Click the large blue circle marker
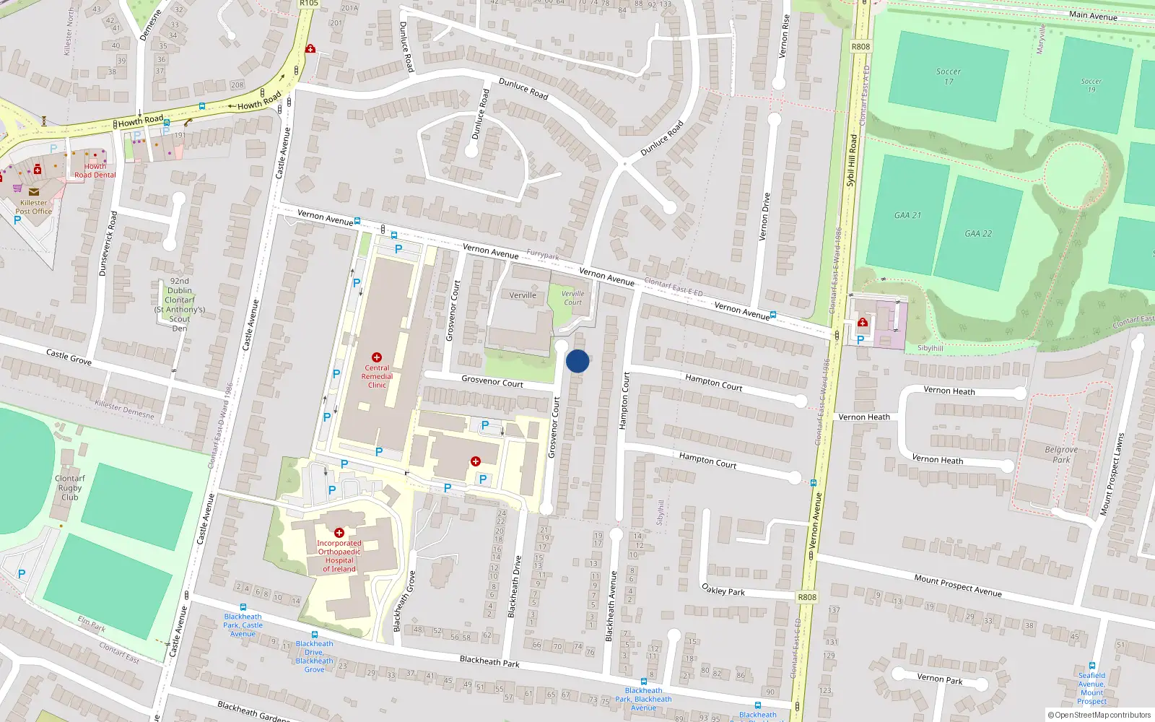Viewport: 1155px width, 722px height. coord(577,361)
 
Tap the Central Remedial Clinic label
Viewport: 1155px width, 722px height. coord(377,376)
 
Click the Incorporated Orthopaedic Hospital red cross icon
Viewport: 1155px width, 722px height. coord(339,533)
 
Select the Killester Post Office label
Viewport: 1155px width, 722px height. coord(33,207)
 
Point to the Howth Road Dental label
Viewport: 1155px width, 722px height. coord(95,170)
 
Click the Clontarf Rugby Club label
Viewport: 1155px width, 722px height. coord(70,487)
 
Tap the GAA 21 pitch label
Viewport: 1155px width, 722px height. coord(907,215)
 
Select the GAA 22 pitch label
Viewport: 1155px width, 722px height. coord(978,233)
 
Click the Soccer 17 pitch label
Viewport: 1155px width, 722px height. coord(949,76)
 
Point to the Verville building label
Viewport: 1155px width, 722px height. coord(523,295)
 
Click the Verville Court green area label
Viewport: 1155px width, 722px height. coord(572,297)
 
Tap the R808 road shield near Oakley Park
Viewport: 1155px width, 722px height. coord(807,597)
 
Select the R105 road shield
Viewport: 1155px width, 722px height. coord(309,4)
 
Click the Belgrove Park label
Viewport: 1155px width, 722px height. coord(1061,454)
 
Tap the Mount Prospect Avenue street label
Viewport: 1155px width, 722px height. coord(957,586)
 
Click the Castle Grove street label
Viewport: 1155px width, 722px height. coord(69,357)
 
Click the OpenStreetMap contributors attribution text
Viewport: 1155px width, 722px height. coord(1099,715)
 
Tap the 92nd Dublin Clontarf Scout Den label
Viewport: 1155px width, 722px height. coord(180,304)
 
